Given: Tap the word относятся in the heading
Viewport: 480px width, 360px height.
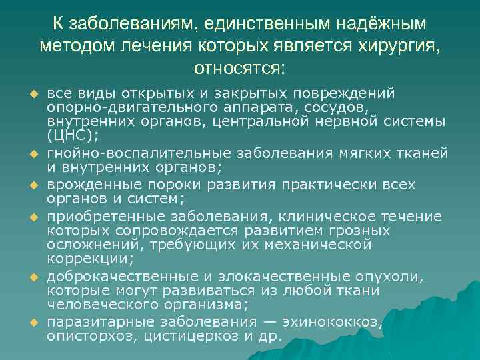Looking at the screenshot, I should (239, 67).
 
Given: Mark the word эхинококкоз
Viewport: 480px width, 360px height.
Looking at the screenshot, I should (332, 323).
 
